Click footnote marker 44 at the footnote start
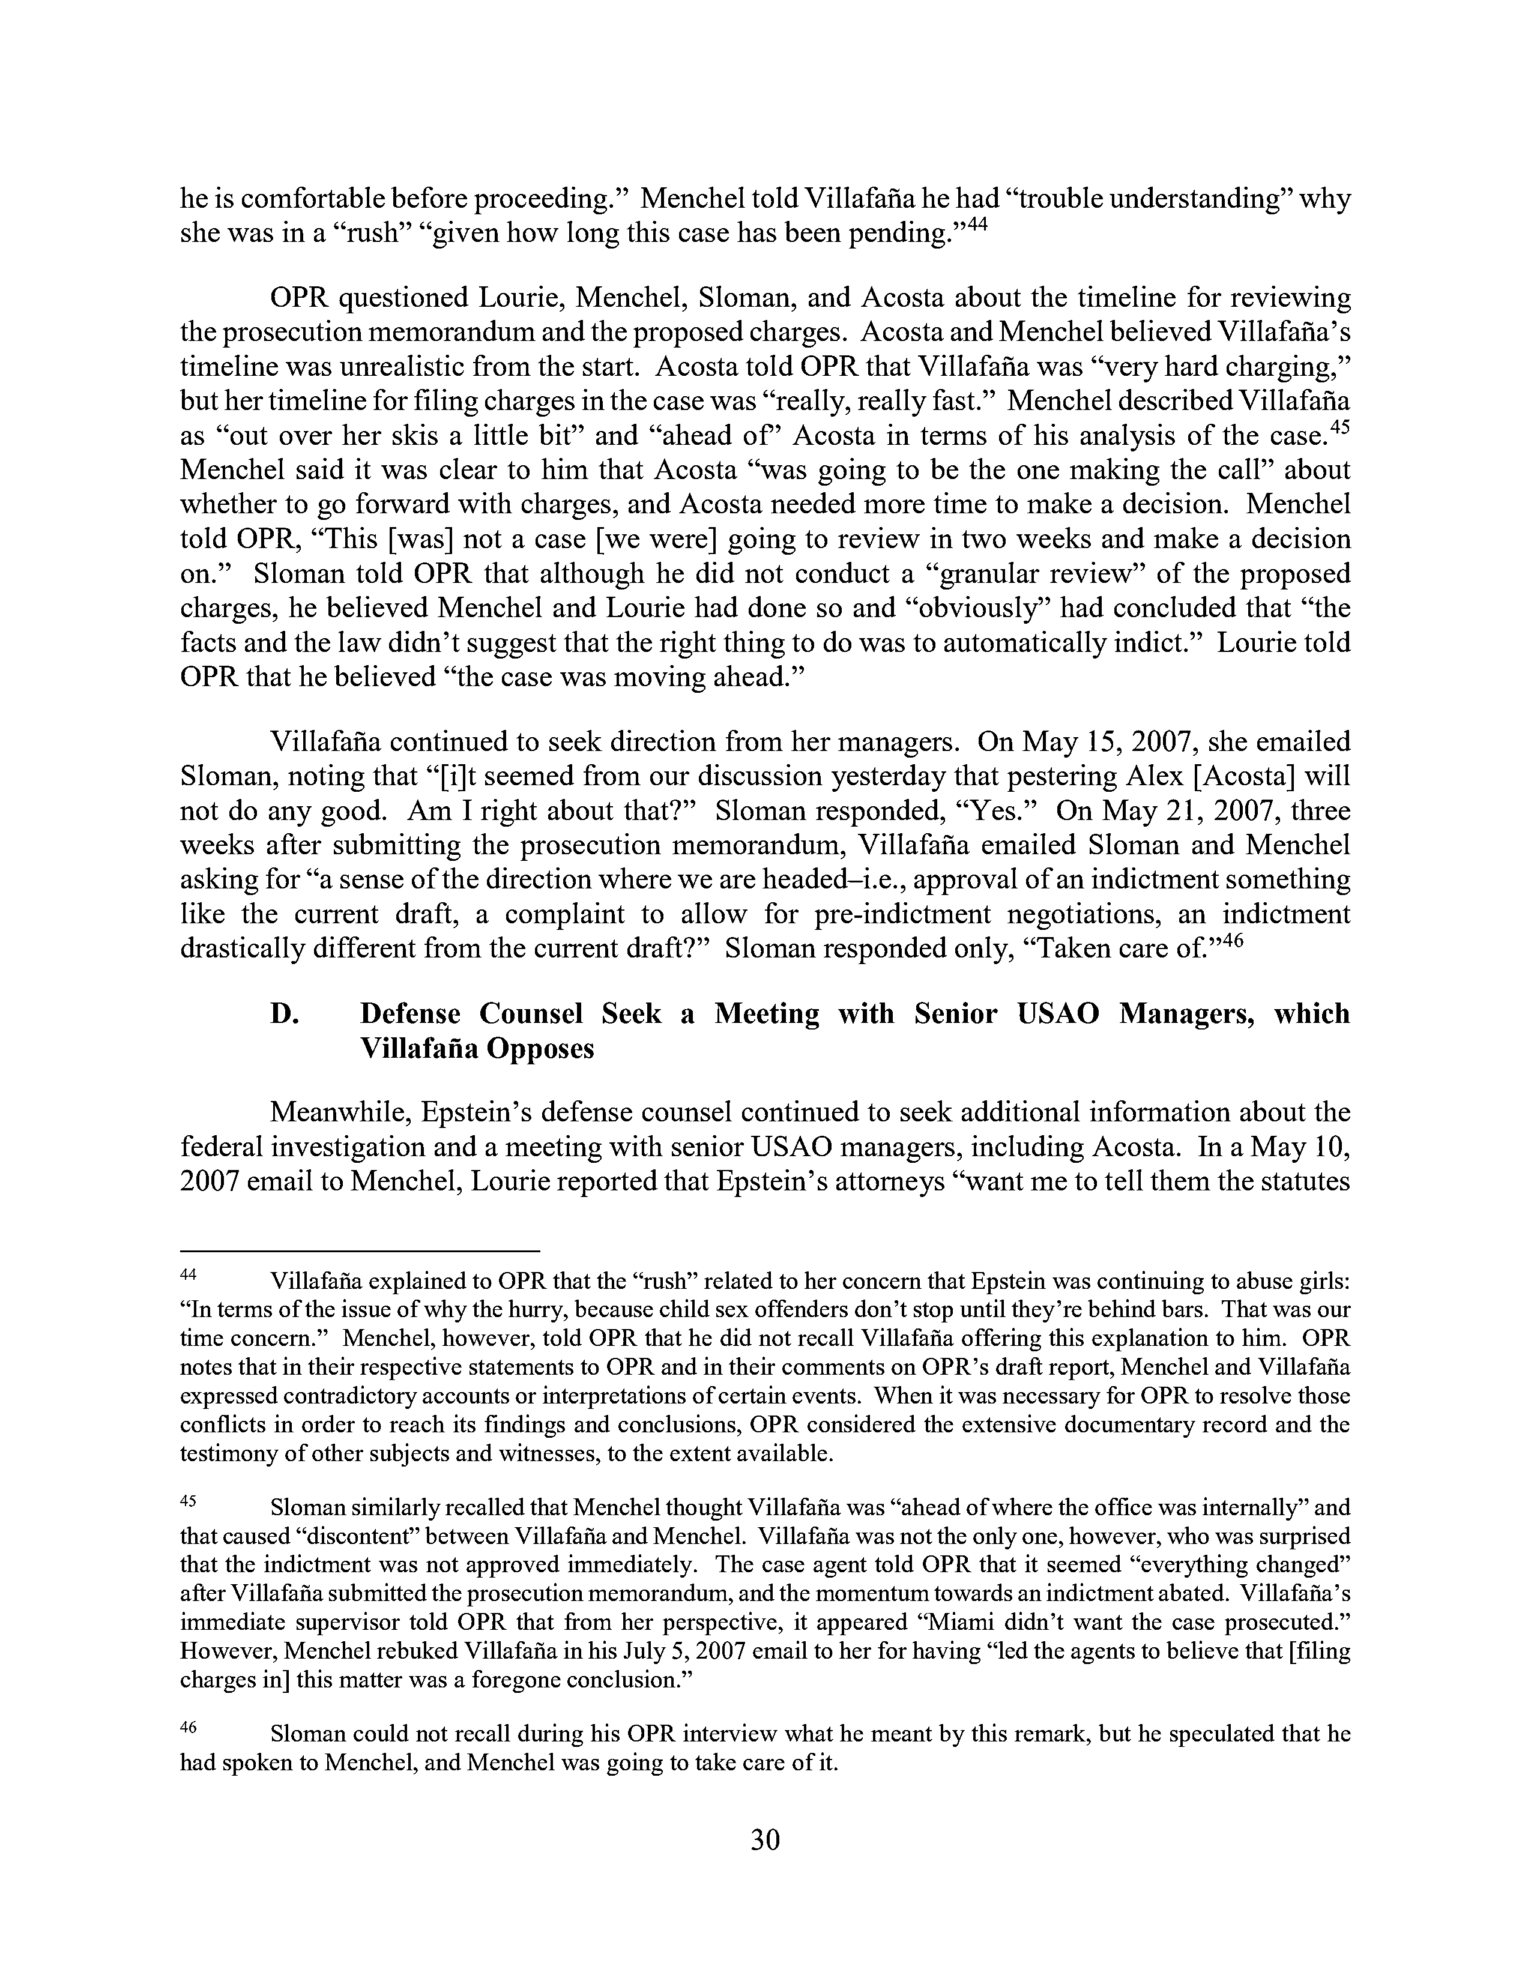[189, 1275]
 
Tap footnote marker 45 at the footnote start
[189, 1500]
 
